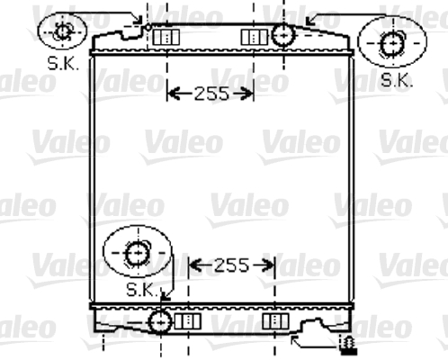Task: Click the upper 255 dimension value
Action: click(211, 94)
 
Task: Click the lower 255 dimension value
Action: click(232, 265)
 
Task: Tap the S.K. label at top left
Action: click(63, 63)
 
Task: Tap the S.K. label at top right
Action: click(397, 80)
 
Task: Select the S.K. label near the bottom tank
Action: click(142, 290)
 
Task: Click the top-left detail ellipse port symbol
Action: click(63, 31)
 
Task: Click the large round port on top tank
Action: click(283, 35)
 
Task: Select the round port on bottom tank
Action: click(160, 322)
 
